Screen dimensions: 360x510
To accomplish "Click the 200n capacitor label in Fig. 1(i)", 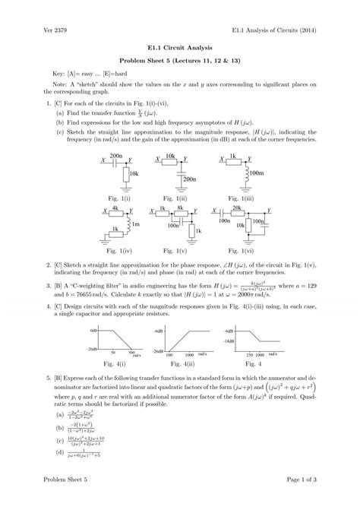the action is pos(116,134).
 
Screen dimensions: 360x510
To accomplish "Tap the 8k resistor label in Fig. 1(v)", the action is pos(182,207).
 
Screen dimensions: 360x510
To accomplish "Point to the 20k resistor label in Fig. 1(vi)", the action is pos(236,207).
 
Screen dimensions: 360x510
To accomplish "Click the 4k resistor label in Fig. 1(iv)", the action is pos(115,207).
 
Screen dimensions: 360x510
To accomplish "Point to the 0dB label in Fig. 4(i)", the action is pos(93,310).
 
